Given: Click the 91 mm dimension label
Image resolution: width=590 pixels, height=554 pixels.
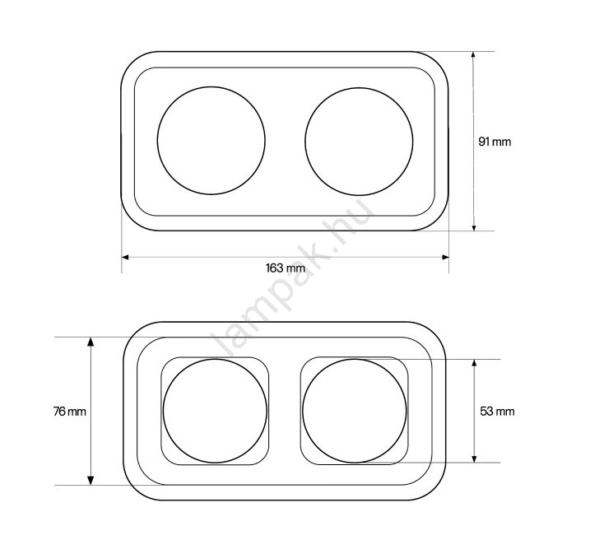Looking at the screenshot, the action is pyautogui.click(x=495, y=142).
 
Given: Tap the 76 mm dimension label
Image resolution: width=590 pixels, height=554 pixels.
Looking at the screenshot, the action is pyautogui.click(x=70, y=412).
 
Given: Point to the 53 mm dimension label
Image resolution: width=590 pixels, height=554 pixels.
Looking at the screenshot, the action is pyautogui.click(x=497, y=411).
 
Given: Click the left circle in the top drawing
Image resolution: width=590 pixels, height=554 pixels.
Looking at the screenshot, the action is pyautogui.click(x=158, y=141).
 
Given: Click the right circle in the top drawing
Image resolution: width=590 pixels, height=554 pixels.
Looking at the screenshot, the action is pyautogui.click(x=305, y=142).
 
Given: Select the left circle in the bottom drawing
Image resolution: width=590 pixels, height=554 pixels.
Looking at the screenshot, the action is pyautogui.click(x=163, y=411).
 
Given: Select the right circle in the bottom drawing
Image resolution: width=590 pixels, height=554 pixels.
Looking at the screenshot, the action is pyautogui.click(x=303, y=411).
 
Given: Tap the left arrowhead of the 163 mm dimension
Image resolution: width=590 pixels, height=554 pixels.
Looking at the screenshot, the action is pyautogui.click(x=125, y=257).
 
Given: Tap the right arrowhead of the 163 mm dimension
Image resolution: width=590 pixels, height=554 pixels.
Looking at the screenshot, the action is pyautogui.click(x=445, y=257).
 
